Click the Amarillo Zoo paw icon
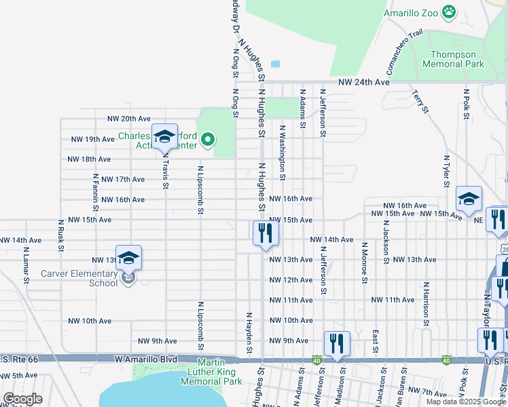click(x=448, y=12)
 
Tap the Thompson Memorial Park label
click(x=453, y=58)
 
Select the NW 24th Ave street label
click(x=365, y=82)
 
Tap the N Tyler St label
click(x=446, y=168)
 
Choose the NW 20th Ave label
click(x=128, y=119)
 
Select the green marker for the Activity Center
click(x=208, y=140)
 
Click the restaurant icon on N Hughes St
click(x=265, y=233)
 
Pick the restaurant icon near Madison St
click(x=337, y=343)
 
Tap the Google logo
click(x=22, y=399)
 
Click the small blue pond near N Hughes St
click(x=275, y=64)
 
